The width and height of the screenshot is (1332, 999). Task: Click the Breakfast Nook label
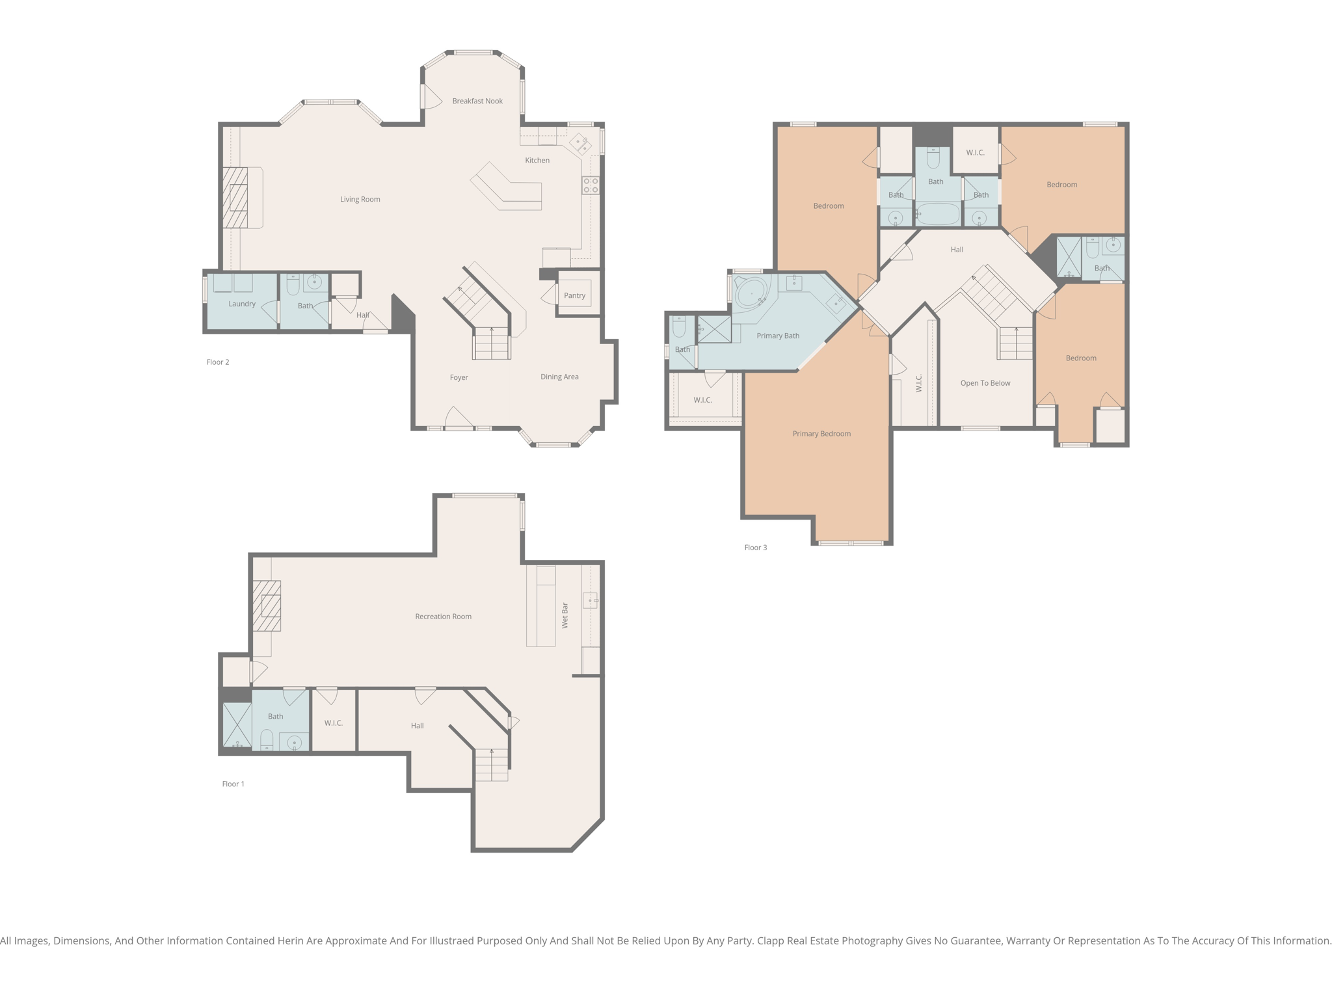tap(477, 101)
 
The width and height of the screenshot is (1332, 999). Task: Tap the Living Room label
tap(360, 199)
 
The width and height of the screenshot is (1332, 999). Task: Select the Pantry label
tap(574, 295)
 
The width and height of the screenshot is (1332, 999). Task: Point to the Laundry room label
tap(242, 304)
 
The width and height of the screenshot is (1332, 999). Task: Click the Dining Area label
tap(559, 377)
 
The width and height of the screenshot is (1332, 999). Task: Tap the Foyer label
tap(459, 377)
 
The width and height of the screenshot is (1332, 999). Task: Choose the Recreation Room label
tap(443, 617)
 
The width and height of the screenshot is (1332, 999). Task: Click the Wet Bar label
tap(565, 615)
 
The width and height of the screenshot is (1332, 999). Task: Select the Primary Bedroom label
tap(821, 434)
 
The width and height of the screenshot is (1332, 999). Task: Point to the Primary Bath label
tap(778, 336)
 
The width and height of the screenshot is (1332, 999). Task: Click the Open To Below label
tap(985, 383)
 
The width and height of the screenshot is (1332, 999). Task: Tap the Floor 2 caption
tap(218, 362)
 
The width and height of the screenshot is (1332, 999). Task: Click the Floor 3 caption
tap(756, 548)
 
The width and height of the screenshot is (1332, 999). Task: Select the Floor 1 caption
tap(233, 784)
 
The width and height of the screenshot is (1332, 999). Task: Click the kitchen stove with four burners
tap(591, 185)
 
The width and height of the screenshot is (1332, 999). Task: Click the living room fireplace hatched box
tap(235, 198)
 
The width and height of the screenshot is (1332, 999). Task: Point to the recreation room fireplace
tap(267, 606)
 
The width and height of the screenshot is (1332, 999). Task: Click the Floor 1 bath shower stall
tap(237, 725)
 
